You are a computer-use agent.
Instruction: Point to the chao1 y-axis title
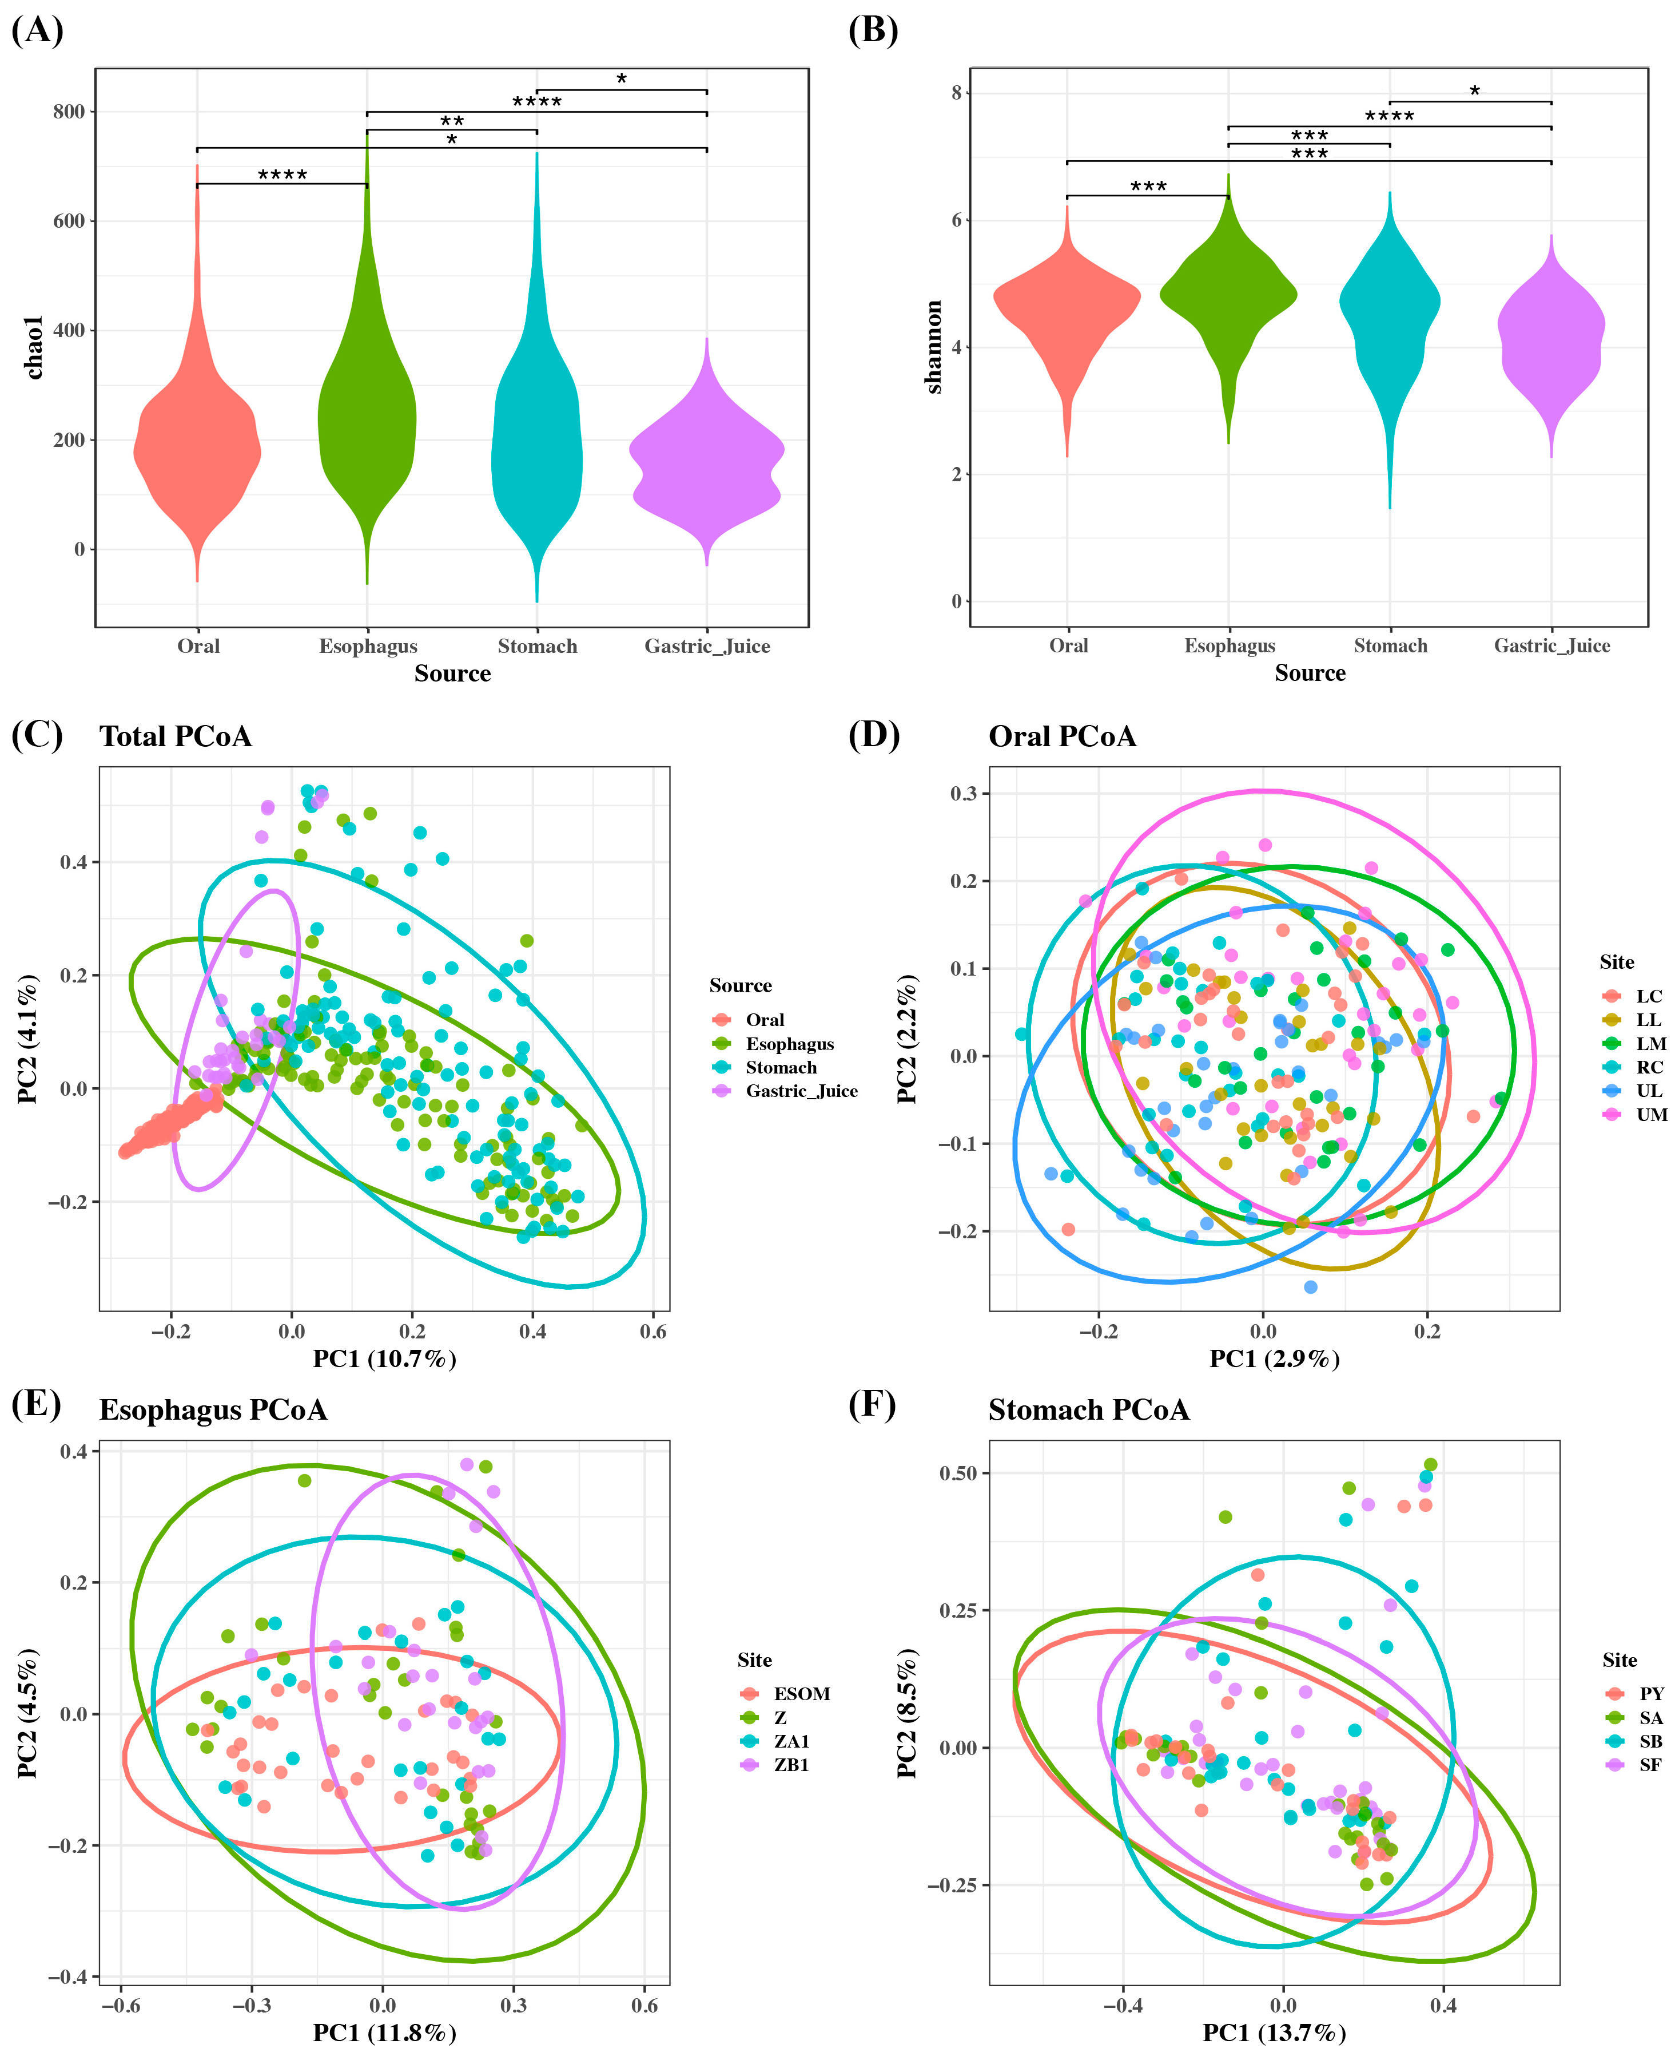coord(34,347)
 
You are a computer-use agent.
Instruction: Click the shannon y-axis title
coord(933,347)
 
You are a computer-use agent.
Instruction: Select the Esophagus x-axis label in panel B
coord(1230,646)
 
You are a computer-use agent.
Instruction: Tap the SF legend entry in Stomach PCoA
coord(1650,1765)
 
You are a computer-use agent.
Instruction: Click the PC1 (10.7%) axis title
coord(384,1359)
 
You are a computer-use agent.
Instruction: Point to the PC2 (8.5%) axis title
coord(907,1712)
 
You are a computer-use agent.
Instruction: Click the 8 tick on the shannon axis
coord(956,93)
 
